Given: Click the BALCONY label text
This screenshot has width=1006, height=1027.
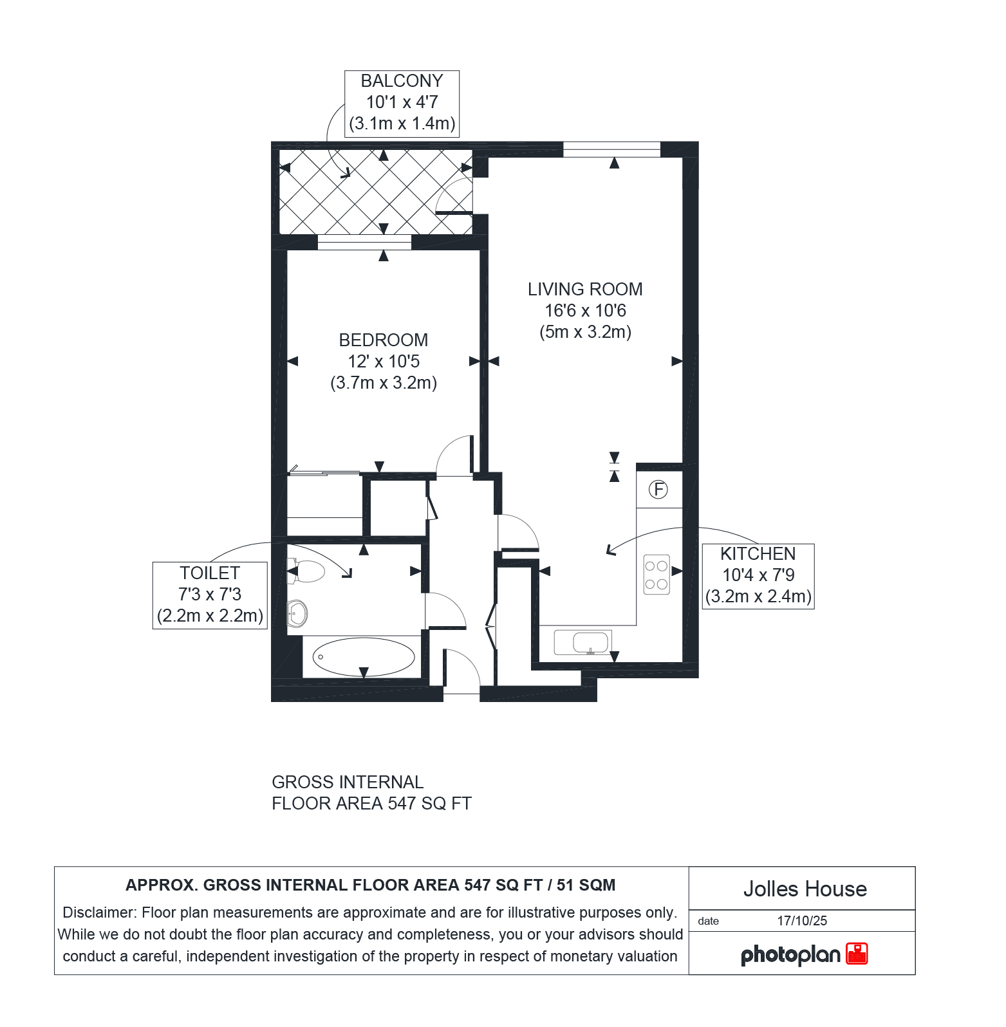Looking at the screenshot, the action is [402, 81].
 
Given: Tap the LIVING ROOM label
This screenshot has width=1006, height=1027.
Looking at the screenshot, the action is [585, 290].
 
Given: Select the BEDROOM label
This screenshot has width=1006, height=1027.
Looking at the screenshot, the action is [384, 340].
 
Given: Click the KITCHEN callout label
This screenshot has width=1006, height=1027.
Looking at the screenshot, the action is [758, 554].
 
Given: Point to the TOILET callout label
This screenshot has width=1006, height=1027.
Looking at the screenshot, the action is [210, 573].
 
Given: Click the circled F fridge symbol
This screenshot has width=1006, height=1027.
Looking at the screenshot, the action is [658, 490].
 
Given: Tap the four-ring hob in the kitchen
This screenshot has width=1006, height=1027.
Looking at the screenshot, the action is [657, 575].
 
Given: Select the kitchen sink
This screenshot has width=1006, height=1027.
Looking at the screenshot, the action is [583, 643].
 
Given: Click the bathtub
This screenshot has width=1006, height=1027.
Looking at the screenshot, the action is [364, 657].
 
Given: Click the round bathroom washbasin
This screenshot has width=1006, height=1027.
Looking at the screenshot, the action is [297, 613].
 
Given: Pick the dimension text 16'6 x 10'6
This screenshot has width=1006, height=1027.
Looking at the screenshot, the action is [585, 311].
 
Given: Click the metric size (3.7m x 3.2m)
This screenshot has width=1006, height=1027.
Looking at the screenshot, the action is [384, 383].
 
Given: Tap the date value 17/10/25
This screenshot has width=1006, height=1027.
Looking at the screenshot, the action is [802, 921].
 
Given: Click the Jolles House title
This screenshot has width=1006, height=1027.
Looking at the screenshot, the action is [805, 889].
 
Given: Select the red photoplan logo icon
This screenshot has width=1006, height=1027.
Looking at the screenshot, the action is [857, 954].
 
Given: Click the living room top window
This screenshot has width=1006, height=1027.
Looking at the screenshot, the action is [611, 149].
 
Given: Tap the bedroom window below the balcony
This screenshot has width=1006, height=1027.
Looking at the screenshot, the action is [364, 243].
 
